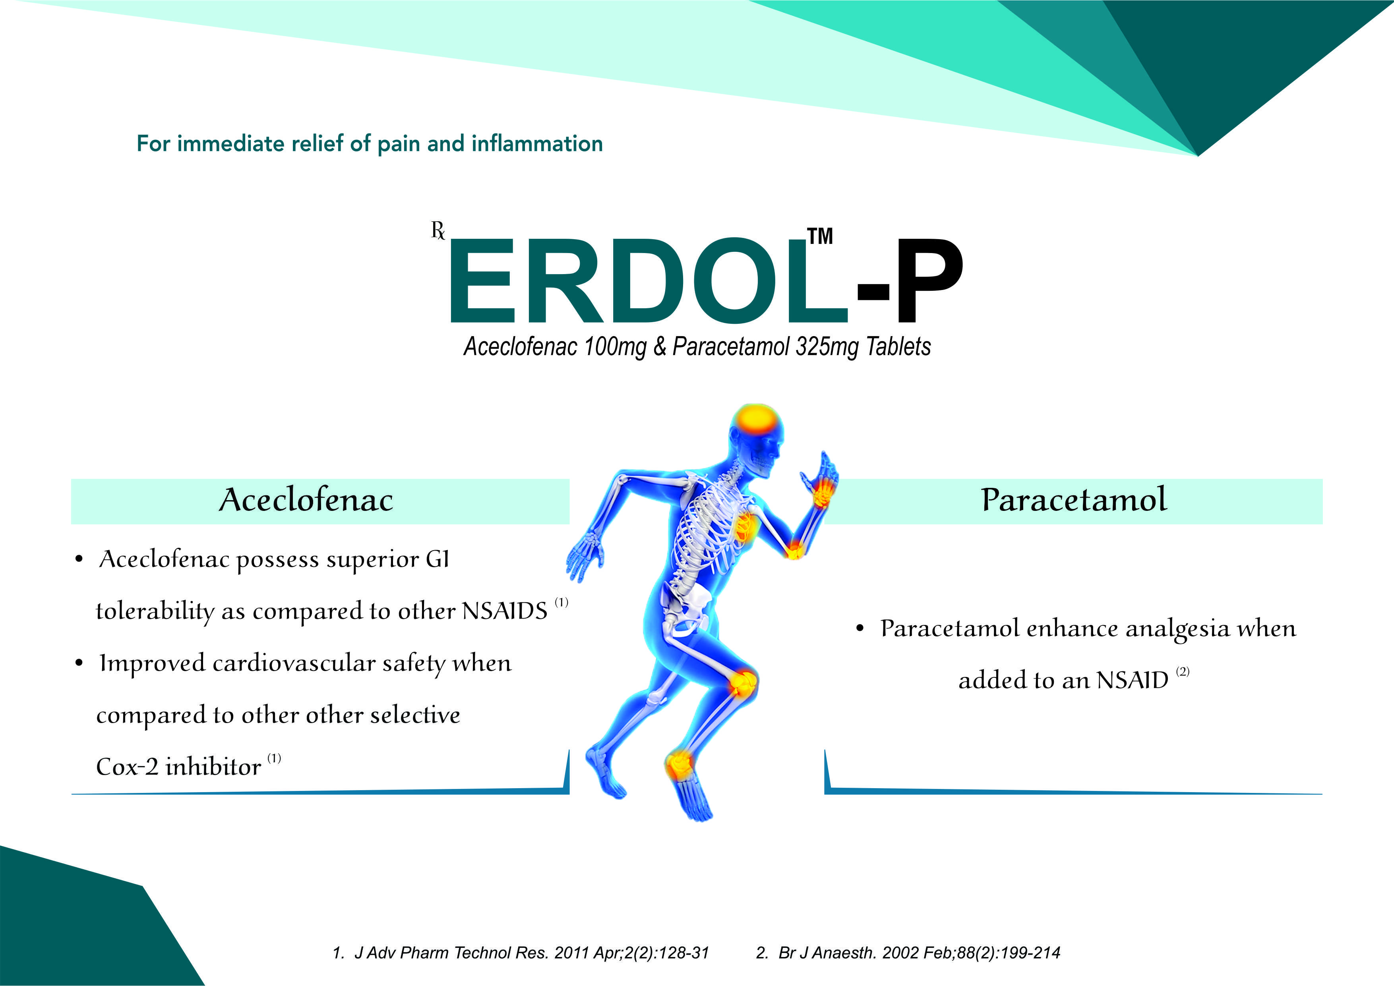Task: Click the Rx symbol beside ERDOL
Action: (x=438, y=231)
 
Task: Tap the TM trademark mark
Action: (x=820, y=236)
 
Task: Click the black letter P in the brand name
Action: (x=929, y=280)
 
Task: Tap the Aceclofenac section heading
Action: (x=306, y=500)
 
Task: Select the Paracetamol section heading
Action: (x=1073, y=500)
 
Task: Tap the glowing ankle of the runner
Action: (x=678, y=765)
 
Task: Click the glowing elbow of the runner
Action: (x=794, y=550)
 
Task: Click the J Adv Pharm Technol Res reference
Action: (x=520, y=953)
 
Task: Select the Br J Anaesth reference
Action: (x=908, y=953)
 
